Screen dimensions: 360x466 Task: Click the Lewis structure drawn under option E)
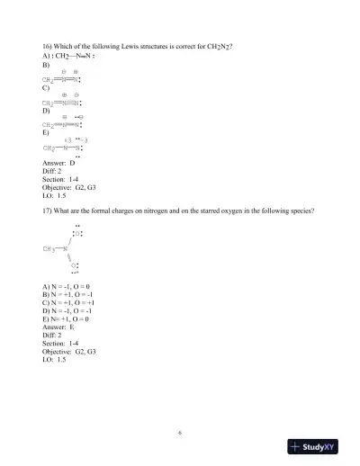(64, 147)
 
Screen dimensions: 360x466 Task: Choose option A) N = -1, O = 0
(67, 287)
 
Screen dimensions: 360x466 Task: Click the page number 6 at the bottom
(180, 432)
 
